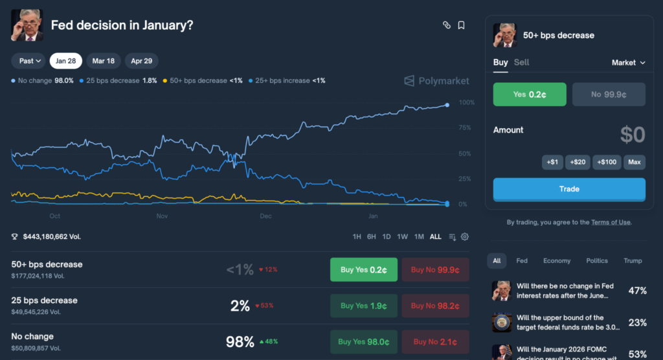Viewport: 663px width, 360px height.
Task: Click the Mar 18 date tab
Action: tap(104, 61)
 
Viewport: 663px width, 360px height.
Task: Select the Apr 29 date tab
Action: tap(141, 61)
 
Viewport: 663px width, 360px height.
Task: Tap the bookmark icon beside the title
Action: tap(461, 25)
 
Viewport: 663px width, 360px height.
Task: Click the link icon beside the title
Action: tap(446, 25)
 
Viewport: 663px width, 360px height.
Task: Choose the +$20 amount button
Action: tap(578, 162)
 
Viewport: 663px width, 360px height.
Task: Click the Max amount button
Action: tap(635, 162)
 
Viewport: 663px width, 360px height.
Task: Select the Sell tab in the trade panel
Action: tap(521, 62)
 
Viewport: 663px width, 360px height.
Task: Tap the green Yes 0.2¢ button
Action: tap(530, 95)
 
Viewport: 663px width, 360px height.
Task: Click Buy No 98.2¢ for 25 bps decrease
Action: tap(436, 306)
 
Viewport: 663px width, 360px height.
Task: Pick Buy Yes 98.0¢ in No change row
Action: tap(364, 342)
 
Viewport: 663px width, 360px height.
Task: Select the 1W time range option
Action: tap(402, 237)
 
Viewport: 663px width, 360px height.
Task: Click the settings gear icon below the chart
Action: tap(465, 237)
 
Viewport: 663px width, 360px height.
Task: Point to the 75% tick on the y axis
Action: tap(464, 128)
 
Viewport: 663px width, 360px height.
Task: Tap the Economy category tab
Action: tap(557, 261)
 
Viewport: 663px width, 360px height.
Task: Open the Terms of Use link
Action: tap(610, 223)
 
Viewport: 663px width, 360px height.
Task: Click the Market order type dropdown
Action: tap(629, 63)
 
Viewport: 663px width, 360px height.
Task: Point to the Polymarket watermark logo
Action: tap(437, 81)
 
